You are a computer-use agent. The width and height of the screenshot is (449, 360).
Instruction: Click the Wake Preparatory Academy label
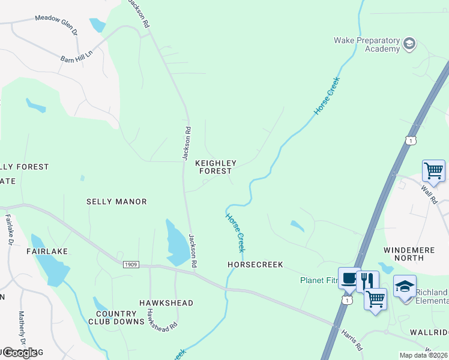coord(366,44)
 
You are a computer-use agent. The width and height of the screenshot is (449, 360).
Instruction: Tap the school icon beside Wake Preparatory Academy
coord(409,43)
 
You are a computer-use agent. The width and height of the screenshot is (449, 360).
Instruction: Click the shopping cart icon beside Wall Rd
coord(433,170)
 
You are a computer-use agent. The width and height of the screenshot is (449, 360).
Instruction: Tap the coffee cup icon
coord(349,278)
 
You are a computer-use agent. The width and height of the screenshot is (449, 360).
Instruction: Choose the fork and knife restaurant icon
coord(367,280)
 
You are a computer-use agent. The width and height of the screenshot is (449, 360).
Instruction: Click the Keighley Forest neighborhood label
coord(216,167)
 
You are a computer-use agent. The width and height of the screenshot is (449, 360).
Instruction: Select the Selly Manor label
coord(116,202)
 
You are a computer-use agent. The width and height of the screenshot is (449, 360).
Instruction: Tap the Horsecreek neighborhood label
coord(255,264)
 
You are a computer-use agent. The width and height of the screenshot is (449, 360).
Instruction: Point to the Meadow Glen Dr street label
coord(56,19)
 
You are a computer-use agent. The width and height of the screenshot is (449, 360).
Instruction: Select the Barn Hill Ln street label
coord(76,56)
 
